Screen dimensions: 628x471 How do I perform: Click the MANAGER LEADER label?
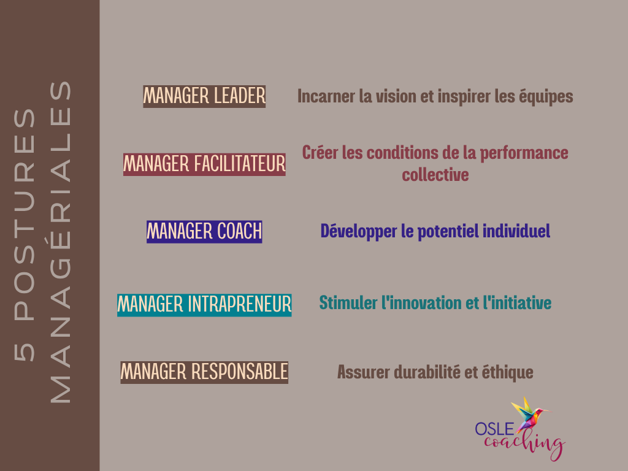click(x=204, y=96)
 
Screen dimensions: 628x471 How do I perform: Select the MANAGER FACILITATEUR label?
click(x=204, y=164)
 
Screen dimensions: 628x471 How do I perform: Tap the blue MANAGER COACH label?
click(x=204, y=232)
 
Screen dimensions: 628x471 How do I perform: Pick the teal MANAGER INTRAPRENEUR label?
click(x=204, y=305)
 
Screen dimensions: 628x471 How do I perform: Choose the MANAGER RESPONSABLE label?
click(x=204, y=372)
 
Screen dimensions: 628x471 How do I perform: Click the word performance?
click(x=524, y=153)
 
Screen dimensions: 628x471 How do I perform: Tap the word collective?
click(x=435, y=175)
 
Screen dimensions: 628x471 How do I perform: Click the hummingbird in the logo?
click(x=529, y=415)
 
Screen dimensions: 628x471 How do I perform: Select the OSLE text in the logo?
click(x=494, y=429)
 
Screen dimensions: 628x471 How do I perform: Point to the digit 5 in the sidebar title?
click(x=25, y=352)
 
